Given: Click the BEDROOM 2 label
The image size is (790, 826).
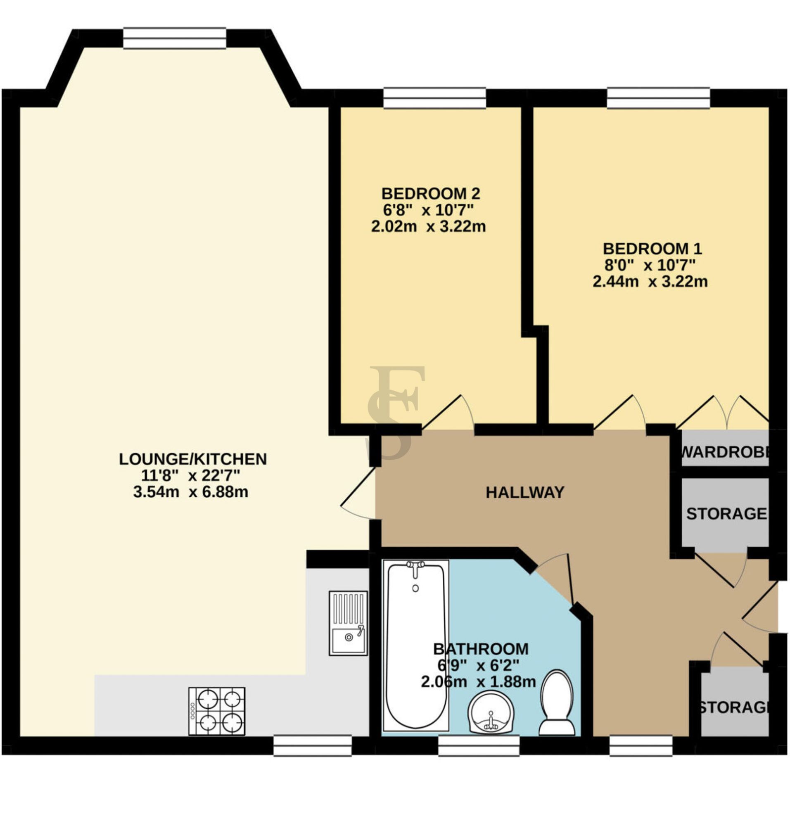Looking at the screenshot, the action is point(430,194).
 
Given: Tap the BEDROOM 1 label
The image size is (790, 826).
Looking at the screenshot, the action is point(652,249).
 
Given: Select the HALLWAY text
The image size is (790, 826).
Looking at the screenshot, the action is point(525,492).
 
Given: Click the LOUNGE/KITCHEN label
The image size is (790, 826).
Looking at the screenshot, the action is point(193,459).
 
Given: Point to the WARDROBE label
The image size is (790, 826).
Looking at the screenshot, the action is point(725,452).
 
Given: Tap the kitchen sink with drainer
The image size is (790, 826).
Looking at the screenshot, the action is point(348,623).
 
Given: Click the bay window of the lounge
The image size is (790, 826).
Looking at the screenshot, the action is point(174,38).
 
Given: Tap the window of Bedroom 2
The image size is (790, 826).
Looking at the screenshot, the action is point(434,98).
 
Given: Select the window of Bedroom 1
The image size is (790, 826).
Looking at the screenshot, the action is point(658,98).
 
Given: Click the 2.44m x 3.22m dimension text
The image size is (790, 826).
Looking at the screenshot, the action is point(650,281).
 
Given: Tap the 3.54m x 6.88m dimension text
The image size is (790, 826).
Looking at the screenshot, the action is point(191,491).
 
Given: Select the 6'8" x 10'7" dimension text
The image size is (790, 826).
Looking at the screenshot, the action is point(428,210).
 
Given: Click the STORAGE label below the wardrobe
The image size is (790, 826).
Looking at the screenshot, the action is point(726,514).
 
